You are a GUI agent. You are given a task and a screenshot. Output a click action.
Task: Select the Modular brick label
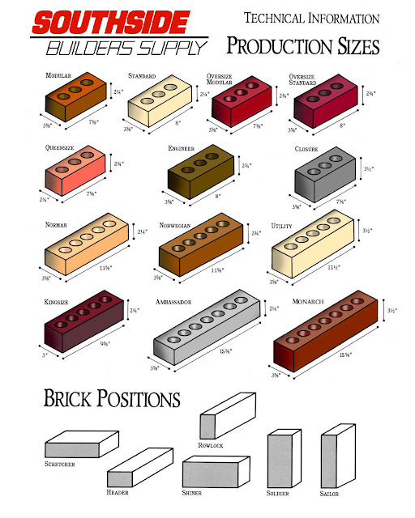click(x=60, y=75)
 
